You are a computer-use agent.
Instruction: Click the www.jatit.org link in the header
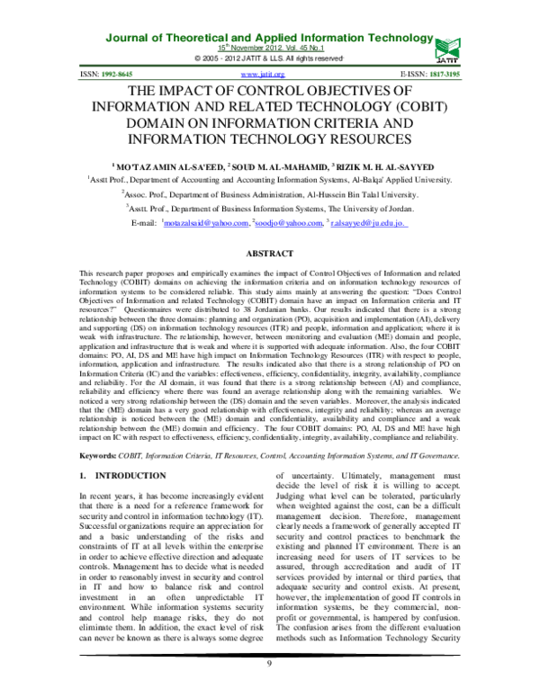point(264,74)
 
